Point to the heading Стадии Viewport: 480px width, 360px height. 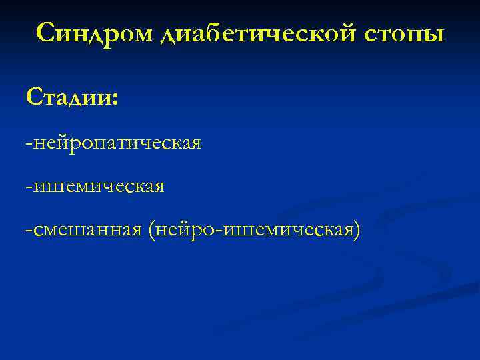tap(71, 98)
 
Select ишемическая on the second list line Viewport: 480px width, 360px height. tap(97, 186)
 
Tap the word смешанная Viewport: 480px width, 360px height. tap(86, 229)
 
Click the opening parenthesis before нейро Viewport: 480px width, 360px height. tap(155, 230)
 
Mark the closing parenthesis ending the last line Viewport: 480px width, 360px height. tap(357, 230)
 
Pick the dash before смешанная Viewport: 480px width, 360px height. tap(28, 231)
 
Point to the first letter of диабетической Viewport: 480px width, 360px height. tap(170, 34)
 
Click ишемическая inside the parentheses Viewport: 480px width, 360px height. tap(289, 230)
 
